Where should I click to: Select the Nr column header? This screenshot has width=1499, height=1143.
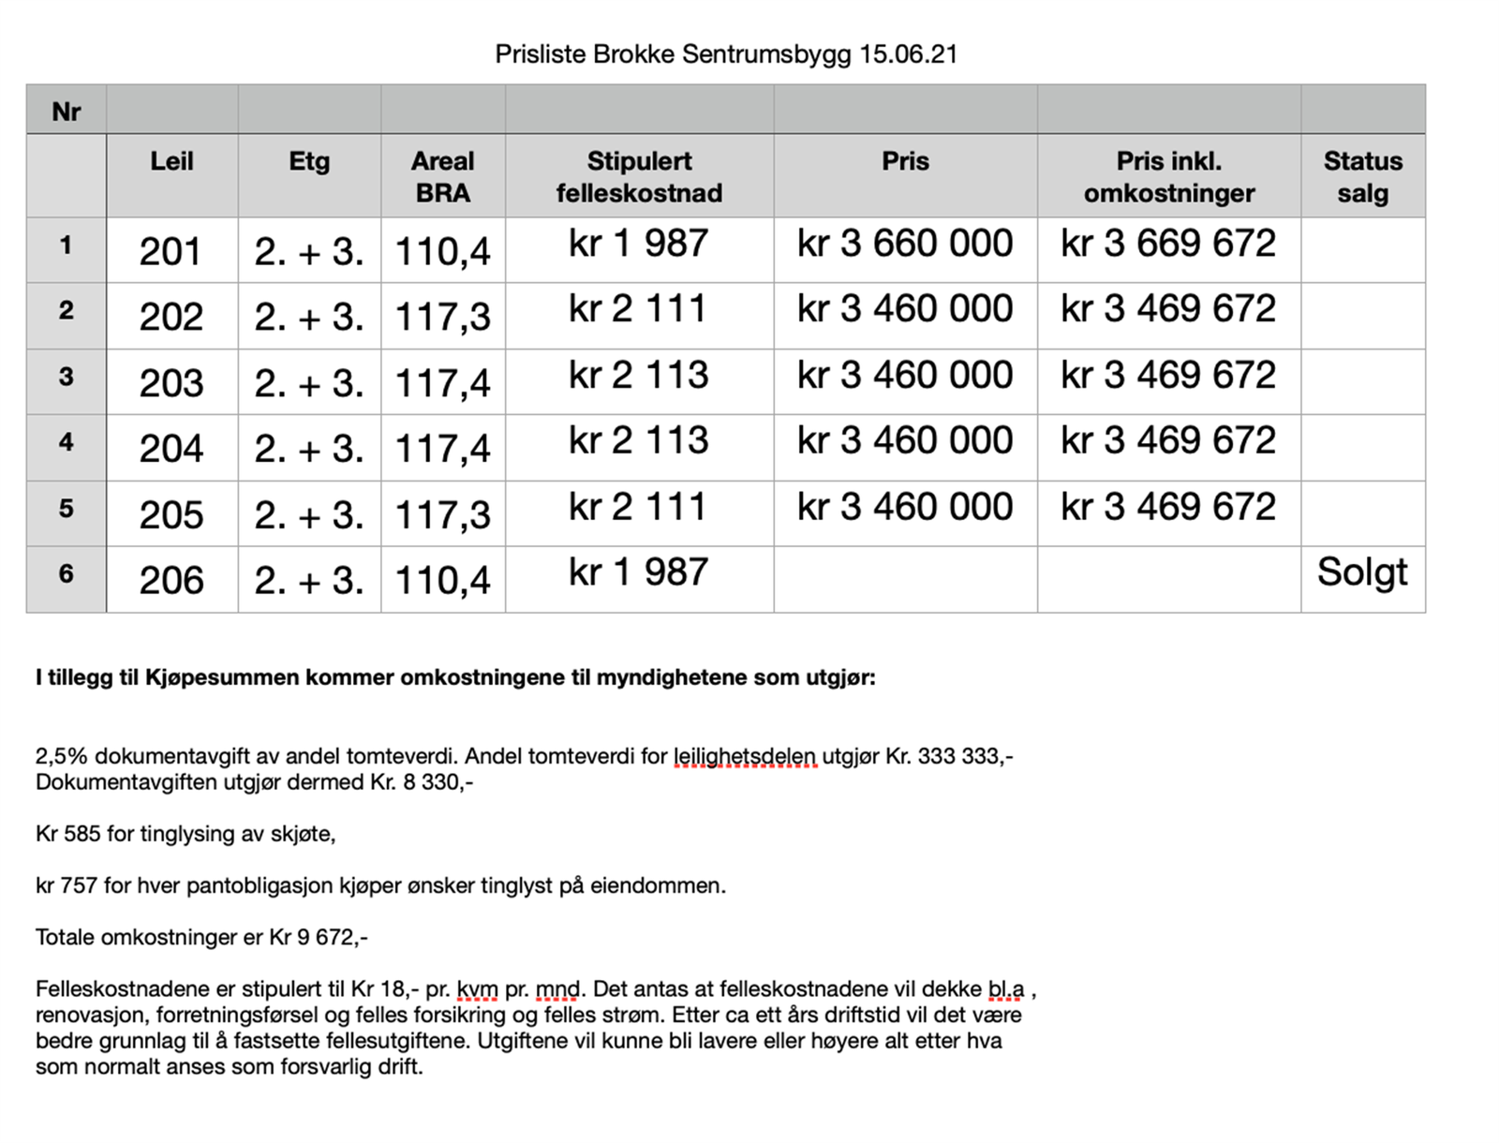click(67, 111)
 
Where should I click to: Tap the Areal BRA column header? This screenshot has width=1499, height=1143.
click(443, 176)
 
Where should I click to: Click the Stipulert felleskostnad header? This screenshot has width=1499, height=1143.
click(639, 176)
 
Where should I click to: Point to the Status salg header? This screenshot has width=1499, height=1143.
click(1362, 176)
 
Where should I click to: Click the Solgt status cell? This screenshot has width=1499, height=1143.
click(1362, 572)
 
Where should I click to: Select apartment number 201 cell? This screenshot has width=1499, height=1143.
click(171, 251)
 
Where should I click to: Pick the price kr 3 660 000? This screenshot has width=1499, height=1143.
click(905, 244)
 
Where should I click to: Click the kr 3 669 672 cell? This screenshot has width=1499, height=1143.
click(1168, 244)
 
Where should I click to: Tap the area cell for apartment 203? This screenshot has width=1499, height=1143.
click(443, 383)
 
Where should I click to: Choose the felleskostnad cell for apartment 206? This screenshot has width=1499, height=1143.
click(639, 572)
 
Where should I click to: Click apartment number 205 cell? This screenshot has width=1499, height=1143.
click(171, 514)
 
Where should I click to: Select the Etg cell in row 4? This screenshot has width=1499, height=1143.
click(309, 449)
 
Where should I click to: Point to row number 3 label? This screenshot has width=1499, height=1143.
click(66, 377)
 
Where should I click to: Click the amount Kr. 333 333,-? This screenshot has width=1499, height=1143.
click(949, 756)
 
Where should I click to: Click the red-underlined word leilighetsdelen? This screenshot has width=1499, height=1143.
click(745, 756)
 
